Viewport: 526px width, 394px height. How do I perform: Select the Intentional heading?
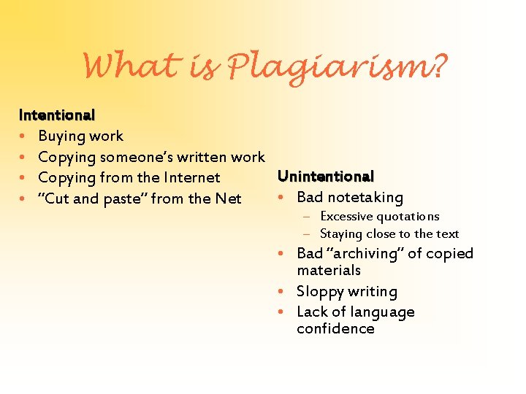pyautogui.click(x=57, y=115)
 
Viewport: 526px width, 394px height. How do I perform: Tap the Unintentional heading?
pyautogui.click(x=326, y=177)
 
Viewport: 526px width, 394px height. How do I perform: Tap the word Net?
pyautogui.click(x=228, y=198)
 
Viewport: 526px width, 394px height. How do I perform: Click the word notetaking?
pyautogui.click(x=365, y=198)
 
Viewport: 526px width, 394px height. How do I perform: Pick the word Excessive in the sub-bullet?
pyautogui.click(x=348, y=217)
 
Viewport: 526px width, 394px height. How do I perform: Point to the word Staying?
pyautogui.click(x=341, y=234)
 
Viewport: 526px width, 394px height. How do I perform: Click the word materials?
pyautogui.click(x=329, y=271)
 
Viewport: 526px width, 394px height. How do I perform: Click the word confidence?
pyautogui.click(x=335, y=329)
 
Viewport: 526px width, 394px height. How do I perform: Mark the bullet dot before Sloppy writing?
pyautogui.click(x=281, y=292)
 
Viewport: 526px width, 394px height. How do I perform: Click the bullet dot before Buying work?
pyautogui.click(x=23, y=136)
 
